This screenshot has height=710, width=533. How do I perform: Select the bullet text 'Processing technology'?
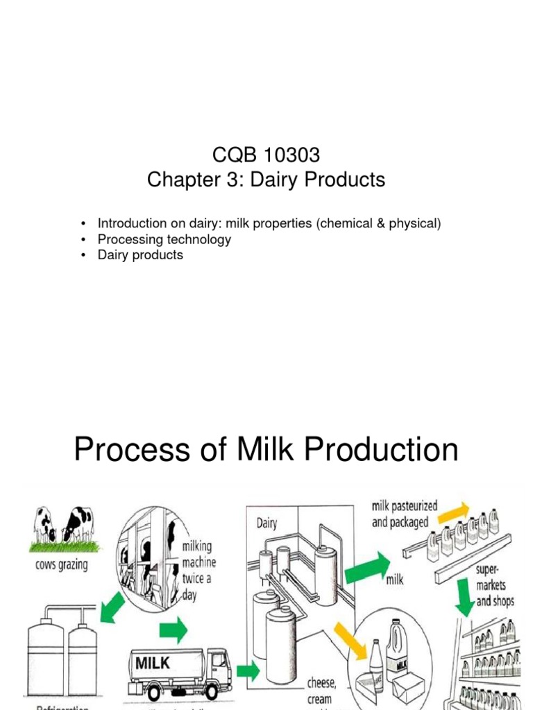[x=164, y=239]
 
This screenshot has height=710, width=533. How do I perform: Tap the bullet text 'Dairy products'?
[x=140, y=254]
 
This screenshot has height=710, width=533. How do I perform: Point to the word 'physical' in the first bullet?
[x=414, y=224]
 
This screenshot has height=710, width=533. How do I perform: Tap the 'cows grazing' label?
[x=61, y=565]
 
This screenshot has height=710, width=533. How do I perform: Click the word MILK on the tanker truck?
[x=153, y=663]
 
